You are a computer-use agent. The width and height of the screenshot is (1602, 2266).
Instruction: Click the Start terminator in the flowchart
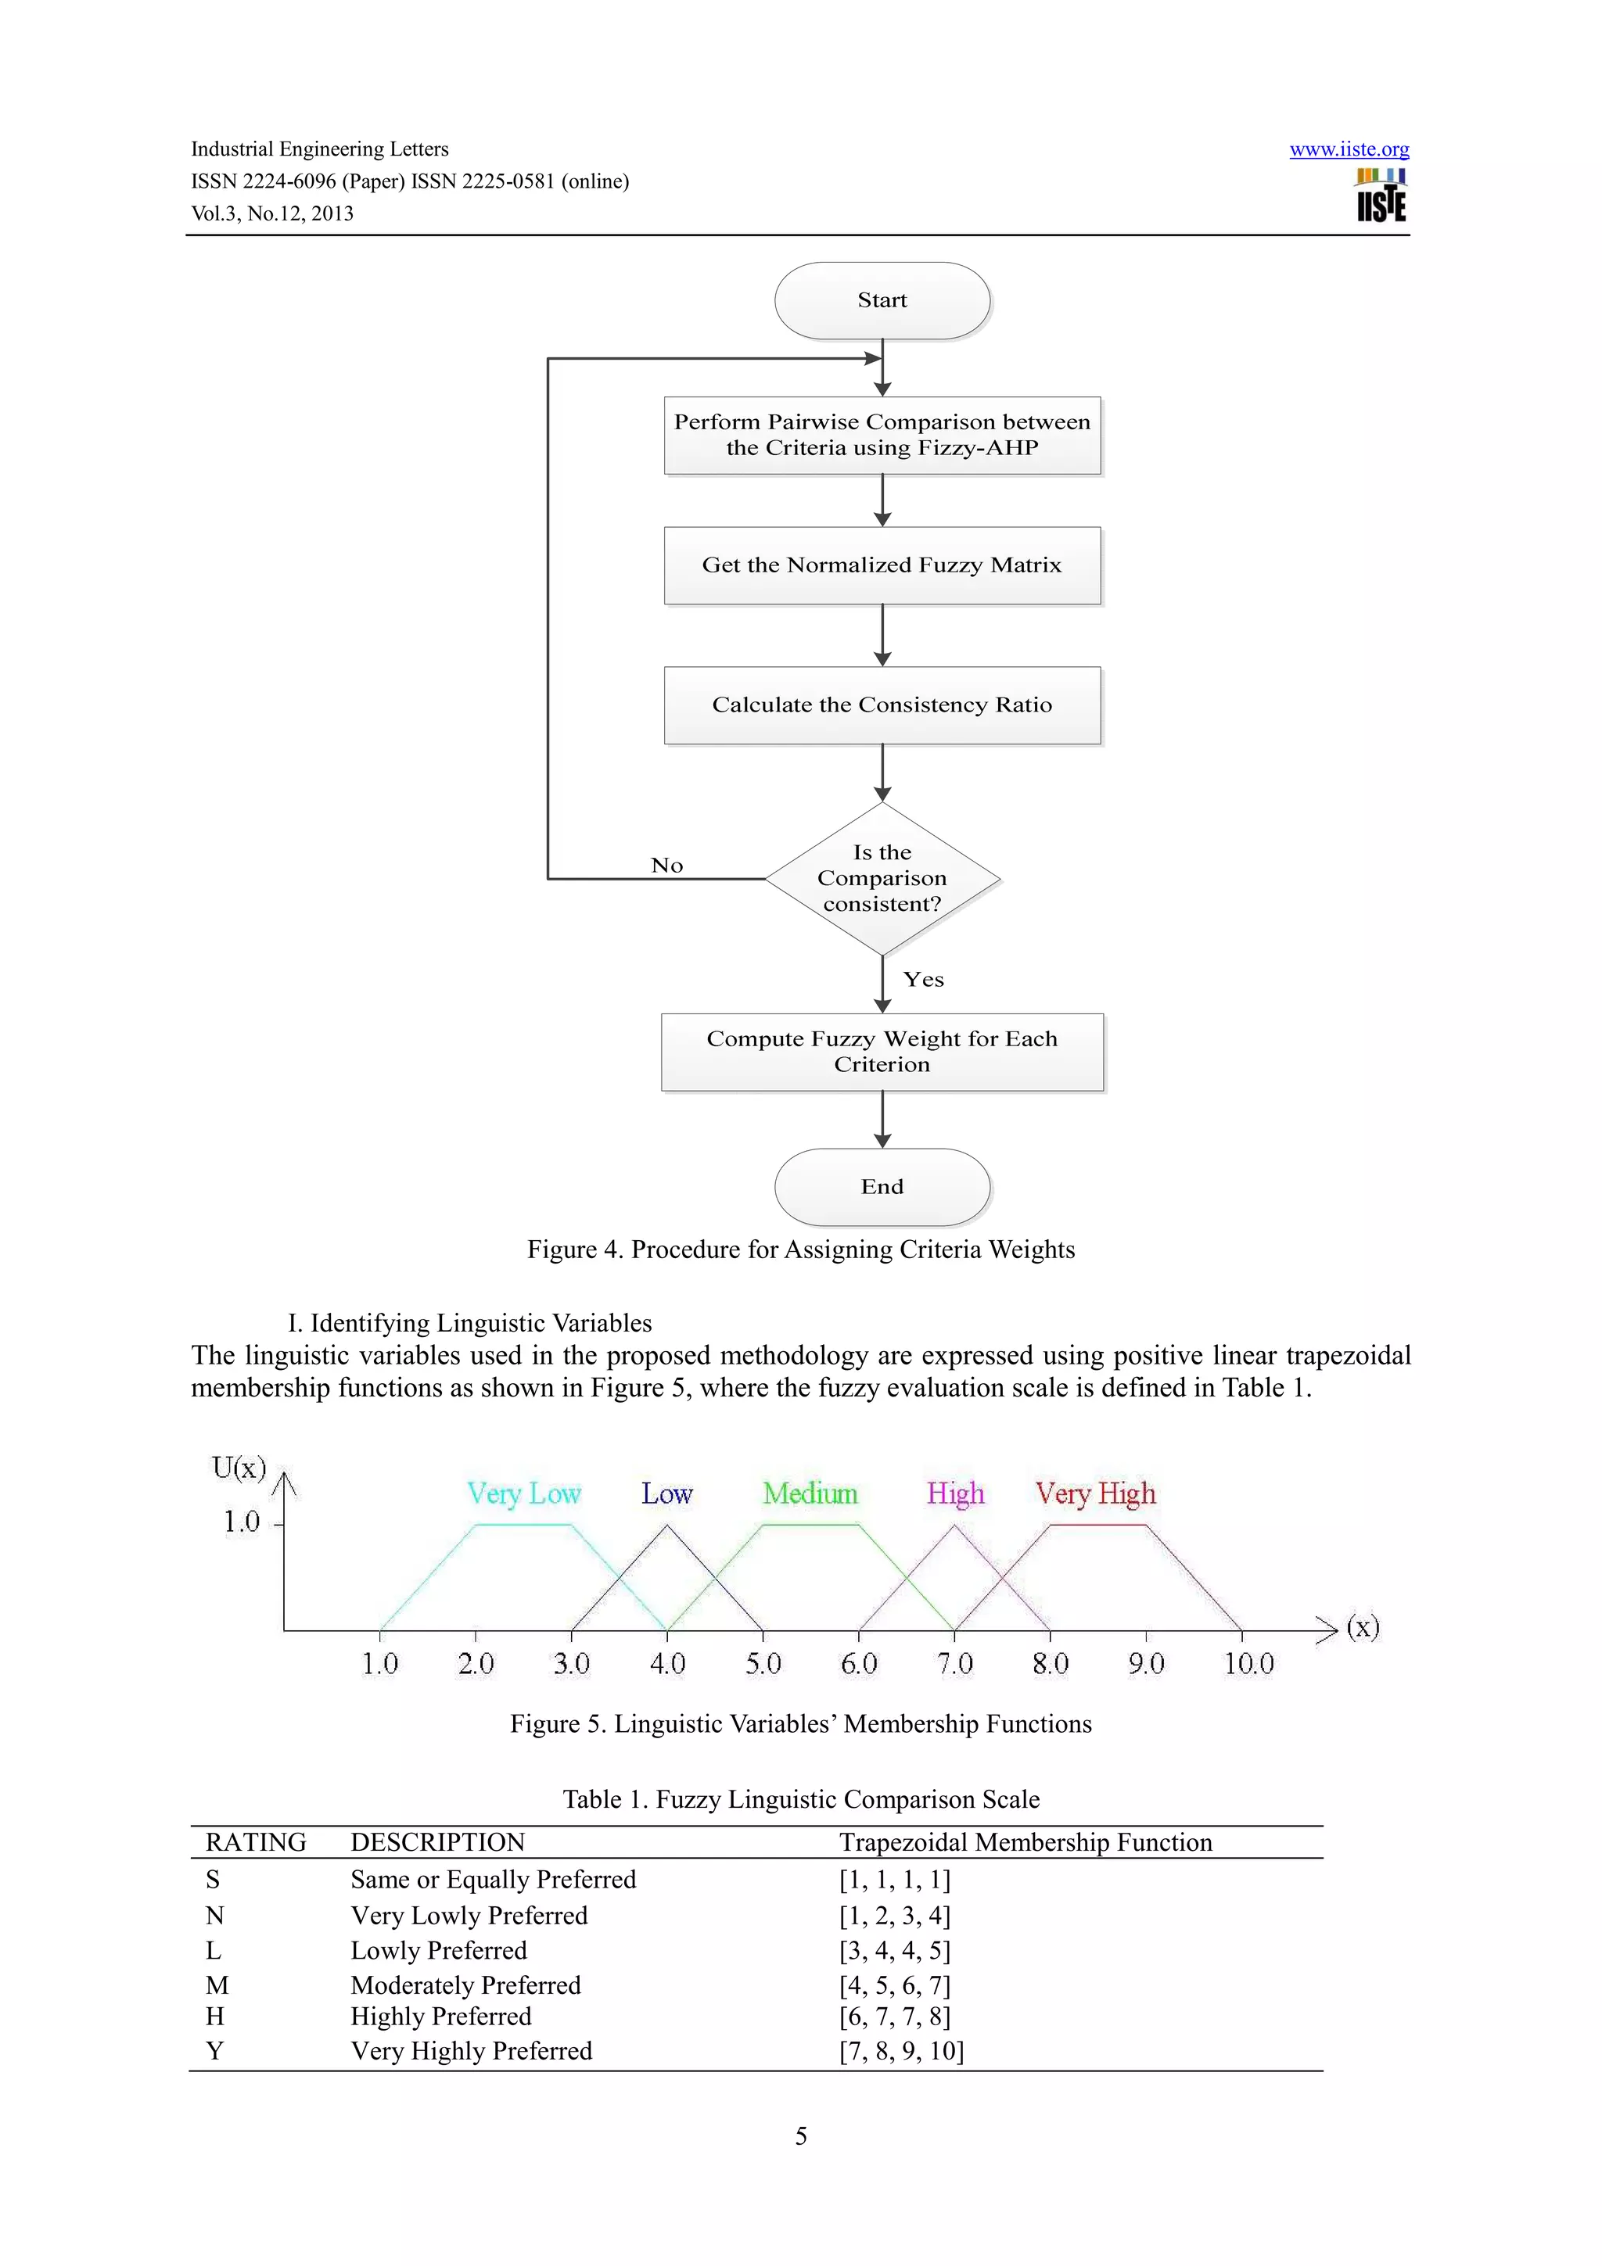pyautogui.click(x=882, y=300)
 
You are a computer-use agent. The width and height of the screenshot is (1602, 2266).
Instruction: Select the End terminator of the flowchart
pyautogui.click(x=882, y=1186)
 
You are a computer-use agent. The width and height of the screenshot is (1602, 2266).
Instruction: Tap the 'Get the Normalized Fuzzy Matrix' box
pyautogui.click(x=882, y=565)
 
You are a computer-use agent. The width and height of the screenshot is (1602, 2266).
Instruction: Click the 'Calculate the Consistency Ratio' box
pyautogui.click(x=882, y=705)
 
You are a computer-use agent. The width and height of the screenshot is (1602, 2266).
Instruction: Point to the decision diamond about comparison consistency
pyautogui.click(x=882, y=878)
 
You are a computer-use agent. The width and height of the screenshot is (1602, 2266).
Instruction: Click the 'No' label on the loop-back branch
pyautogui.click(x=666, y=866)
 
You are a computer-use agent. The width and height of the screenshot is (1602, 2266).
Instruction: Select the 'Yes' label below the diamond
pyautogui.click(x=923, y=980)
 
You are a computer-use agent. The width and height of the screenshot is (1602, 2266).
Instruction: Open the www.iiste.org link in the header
pyautogui.click(x=1349, y=150)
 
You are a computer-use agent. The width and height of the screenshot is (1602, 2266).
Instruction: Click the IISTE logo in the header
pyautogui.click(x=1380, y=195)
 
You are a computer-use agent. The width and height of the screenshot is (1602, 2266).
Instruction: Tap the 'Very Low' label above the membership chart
pyautogui.click(x=523, y=1494)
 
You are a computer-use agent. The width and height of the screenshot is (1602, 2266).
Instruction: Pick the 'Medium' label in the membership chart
pyautogui.click(x=810, y=1494)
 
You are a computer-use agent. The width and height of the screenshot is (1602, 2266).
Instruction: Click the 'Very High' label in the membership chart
pyautogui.click(x=1094, y=1494)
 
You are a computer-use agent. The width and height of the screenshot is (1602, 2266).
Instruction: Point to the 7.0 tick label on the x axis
pyautogui.click(x=954, y=1664)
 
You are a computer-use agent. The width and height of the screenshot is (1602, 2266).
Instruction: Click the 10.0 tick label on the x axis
pyautogui.click(x=1248, y=1664)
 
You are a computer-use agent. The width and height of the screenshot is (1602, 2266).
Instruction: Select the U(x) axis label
pyautogui.click(x=239, y=1468)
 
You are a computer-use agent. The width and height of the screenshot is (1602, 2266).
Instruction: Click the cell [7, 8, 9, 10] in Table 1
pyautogui.click(x=901, y=2051)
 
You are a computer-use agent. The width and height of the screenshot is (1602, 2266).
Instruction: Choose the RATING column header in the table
pyautogui.click(x=256, y=1843)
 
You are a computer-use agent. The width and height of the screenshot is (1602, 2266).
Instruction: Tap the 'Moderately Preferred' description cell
pyautogui.click(x=465, y=1985)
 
